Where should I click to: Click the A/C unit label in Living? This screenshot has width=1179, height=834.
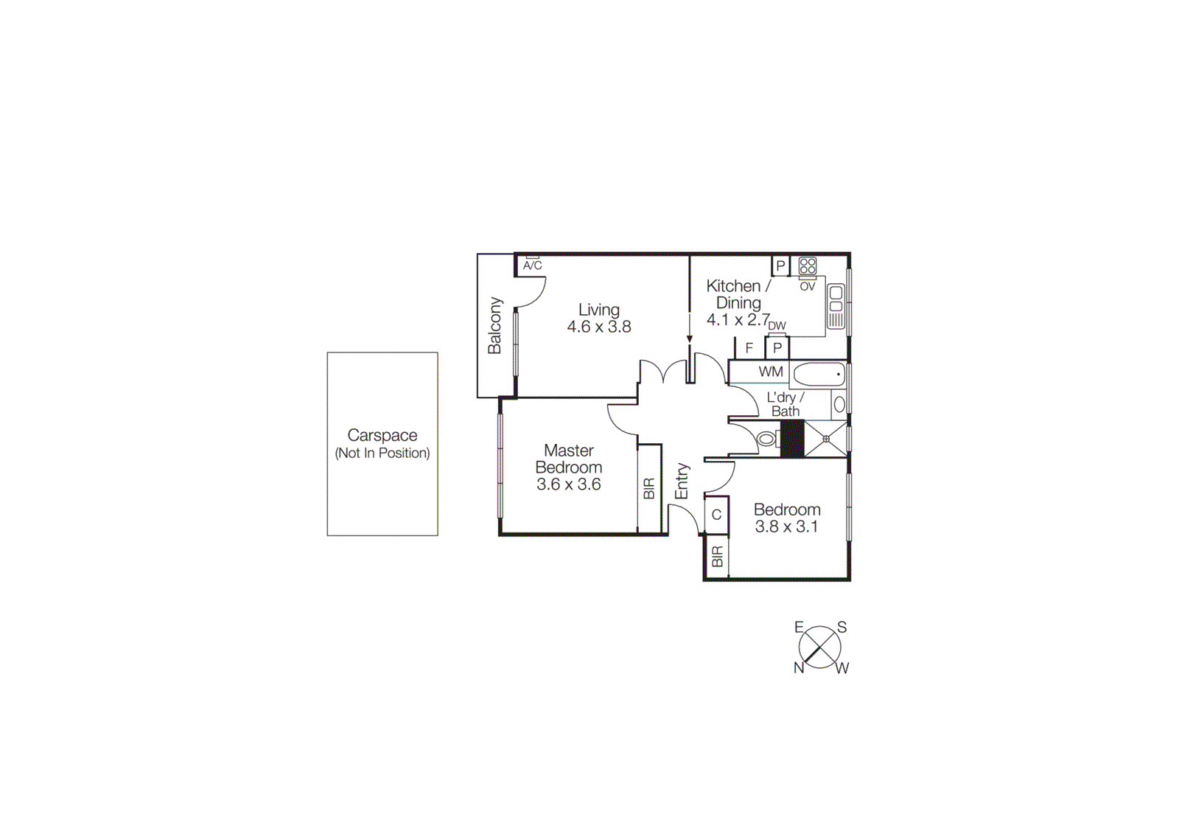[x=532, y=265]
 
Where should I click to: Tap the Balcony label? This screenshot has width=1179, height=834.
[x=494, y=325]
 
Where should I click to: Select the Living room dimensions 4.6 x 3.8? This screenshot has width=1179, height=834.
[x=598, y=327]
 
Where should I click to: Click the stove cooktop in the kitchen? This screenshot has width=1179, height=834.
[x=808, y=265]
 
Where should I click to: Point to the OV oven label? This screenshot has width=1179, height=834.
[x=808, y=286]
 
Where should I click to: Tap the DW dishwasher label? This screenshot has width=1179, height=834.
[x=777, y=325]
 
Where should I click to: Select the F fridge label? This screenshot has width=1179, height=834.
[x=749, y=348]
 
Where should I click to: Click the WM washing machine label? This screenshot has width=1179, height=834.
[x=771, y=372]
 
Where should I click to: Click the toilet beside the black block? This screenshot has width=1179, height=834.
[x=767, y=439]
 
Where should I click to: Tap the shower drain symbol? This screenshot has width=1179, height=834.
[x=826, y=439]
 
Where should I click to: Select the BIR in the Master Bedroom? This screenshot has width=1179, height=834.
[x=649, y=488]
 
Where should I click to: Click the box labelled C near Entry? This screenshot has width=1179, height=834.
[x=716, y=515]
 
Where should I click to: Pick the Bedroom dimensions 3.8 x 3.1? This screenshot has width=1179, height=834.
[x=786, y=527]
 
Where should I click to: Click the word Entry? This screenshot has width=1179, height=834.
[x=682, y=481]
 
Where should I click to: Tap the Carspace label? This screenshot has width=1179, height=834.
[x=382, y=435]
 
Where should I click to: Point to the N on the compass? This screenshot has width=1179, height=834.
[x=799, y=667]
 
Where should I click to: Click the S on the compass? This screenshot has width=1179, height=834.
[x=842, y=628]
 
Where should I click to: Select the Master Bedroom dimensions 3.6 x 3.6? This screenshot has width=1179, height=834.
[x=568, y=484]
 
